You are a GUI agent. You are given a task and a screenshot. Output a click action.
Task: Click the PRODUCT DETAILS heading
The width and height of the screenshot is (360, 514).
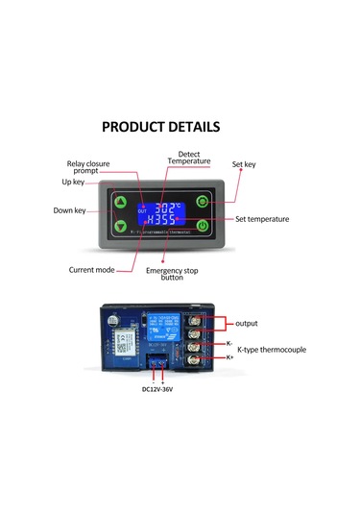(x=160, y=126)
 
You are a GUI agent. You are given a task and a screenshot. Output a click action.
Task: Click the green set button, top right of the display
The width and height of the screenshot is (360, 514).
(x=203, y=202)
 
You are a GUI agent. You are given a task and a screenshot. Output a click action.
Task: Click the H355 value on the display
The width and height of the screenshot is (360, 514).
(x=160, y=220)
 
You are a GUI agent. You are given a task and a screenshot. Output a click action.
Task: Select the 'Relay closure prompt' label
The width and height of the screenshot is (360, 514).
(x=87, y=167)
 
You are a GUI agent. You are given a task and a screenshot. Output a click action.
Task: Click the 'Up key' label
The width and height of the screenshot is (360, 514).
(x=74, y=181)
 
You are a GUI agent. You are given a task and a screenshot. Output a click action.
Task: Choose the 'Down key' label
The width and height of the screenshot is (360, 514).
(x=68, y=209)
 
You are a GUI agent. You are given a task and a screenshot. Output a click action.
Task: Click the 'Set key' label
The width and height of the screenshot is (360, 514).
(x=244, y=164)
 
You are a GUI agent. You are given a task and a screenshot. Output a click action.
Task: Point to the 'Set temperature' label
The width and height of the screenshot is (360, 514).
(x=262, y=219)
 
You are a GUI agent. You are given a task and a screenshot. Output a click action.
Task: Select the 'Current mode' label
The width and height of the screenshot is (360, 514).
(x=92, y=270)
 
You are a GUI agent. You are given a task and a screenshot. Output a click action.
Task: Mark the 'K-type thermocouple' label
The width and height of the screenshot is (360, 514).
(x=271, y=350)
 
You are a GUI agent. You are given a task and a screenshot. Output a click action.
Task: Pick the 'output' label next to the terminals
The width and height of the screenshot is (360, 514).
(x=248, y=323)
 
